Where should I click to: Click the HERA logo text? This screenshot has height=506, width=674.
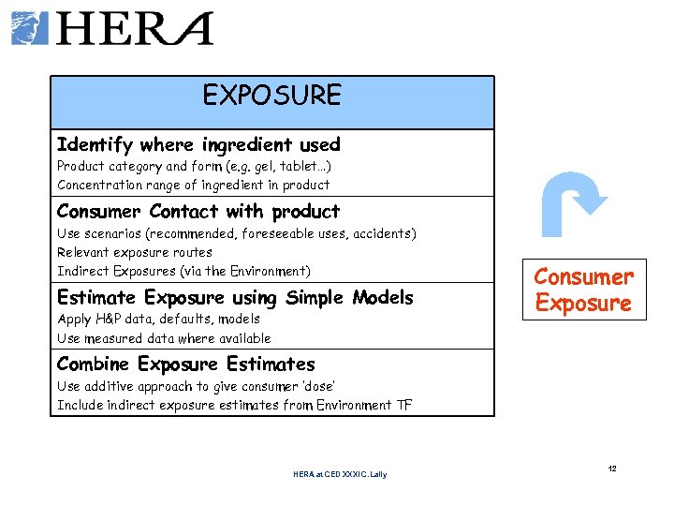tap(137, 29)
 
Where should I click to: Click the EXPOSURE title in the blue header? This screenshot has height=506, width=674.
tap(272, 96)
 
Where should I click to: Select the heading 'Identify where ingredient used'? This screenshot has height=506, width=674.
tap(198, 144)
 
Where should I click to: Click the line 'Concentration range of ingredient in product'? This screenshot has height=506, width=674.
tap(193, 185)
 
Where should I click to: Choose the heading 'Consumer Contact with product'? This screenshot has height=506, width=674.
tap(198, 212)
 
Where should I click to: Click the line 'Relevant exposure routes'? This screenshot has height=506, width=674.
tap(135, 252)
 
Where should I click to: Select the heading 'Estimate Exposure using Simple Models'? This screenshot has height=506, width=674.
tap(235, 297)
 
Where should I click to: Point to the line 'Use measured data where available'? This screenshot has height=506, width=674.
tap(164, 338)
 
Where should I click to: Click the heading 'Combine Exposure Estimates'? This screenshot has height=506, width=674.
tap(186, 364)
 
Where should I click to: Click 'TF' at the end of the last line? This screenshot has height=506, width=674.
tap(403, 405)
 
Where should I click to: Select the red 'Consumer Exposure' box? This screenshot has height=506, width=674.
tap(583, 290)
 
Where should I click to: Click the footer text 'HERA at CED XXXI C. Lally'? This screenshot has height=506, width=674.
tap(339, 474)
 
